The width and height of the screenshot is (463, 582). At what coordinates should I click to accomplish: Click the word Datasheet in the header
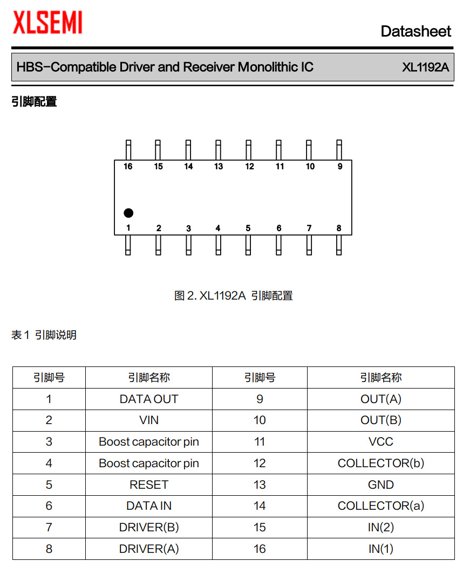click(416, 31)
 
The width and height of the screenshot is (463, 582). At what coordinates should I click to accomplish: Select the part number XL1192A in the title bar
click(425, 67)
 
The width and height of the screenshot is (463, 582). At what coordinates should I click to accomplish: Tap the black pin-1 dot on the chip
click(128, 213)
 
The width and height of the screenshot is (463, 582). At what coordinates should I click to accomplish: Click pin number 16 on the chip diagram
click(128, 167)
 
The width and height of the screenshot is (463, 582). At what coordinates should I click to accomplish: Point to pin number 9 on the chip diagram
click(340, 167)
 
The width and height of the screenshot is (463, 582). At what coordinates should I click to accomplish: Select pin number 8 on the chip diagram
click(339, 228)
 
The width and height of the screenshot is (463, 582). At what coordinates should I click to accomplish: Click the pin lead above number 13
click(219, 149)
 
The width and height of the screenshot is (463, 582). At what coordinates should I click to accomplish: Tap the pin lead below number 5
click(248, 245)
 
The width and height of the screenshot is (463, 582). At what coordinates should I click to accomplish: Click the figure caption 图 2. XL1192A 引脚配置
click(233, 296)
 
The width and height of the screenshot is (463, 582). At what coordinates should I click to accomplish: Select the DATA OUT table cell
click(149, 399)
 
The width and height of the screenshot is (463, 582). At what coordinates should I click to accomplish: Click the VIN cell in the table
click(149, 420)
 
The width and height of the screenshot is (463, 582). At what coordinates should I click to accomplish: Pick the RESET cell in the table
click(149, 484)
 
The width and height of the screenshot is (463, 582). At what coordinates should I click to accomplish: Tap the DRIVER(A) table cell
click(149, 549)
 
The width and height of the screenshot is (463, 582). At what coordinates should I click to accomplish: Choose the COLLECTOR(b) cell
click(380, 463)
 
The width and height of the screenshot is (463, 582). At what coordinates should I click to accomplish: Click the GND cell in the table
click(380, 484)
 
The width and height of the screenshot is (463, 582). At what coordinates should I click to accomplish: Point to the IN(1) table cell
click(380, 549)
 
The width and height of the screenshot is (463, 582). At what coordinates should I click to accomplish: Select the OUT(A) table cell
click(380, 399)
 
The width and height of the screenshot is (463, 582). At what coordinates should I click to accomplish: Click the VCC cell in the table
click(380, 442)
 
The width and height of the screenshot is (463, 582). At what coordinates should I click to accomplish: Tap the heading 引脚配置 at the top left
click(34, 101)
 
